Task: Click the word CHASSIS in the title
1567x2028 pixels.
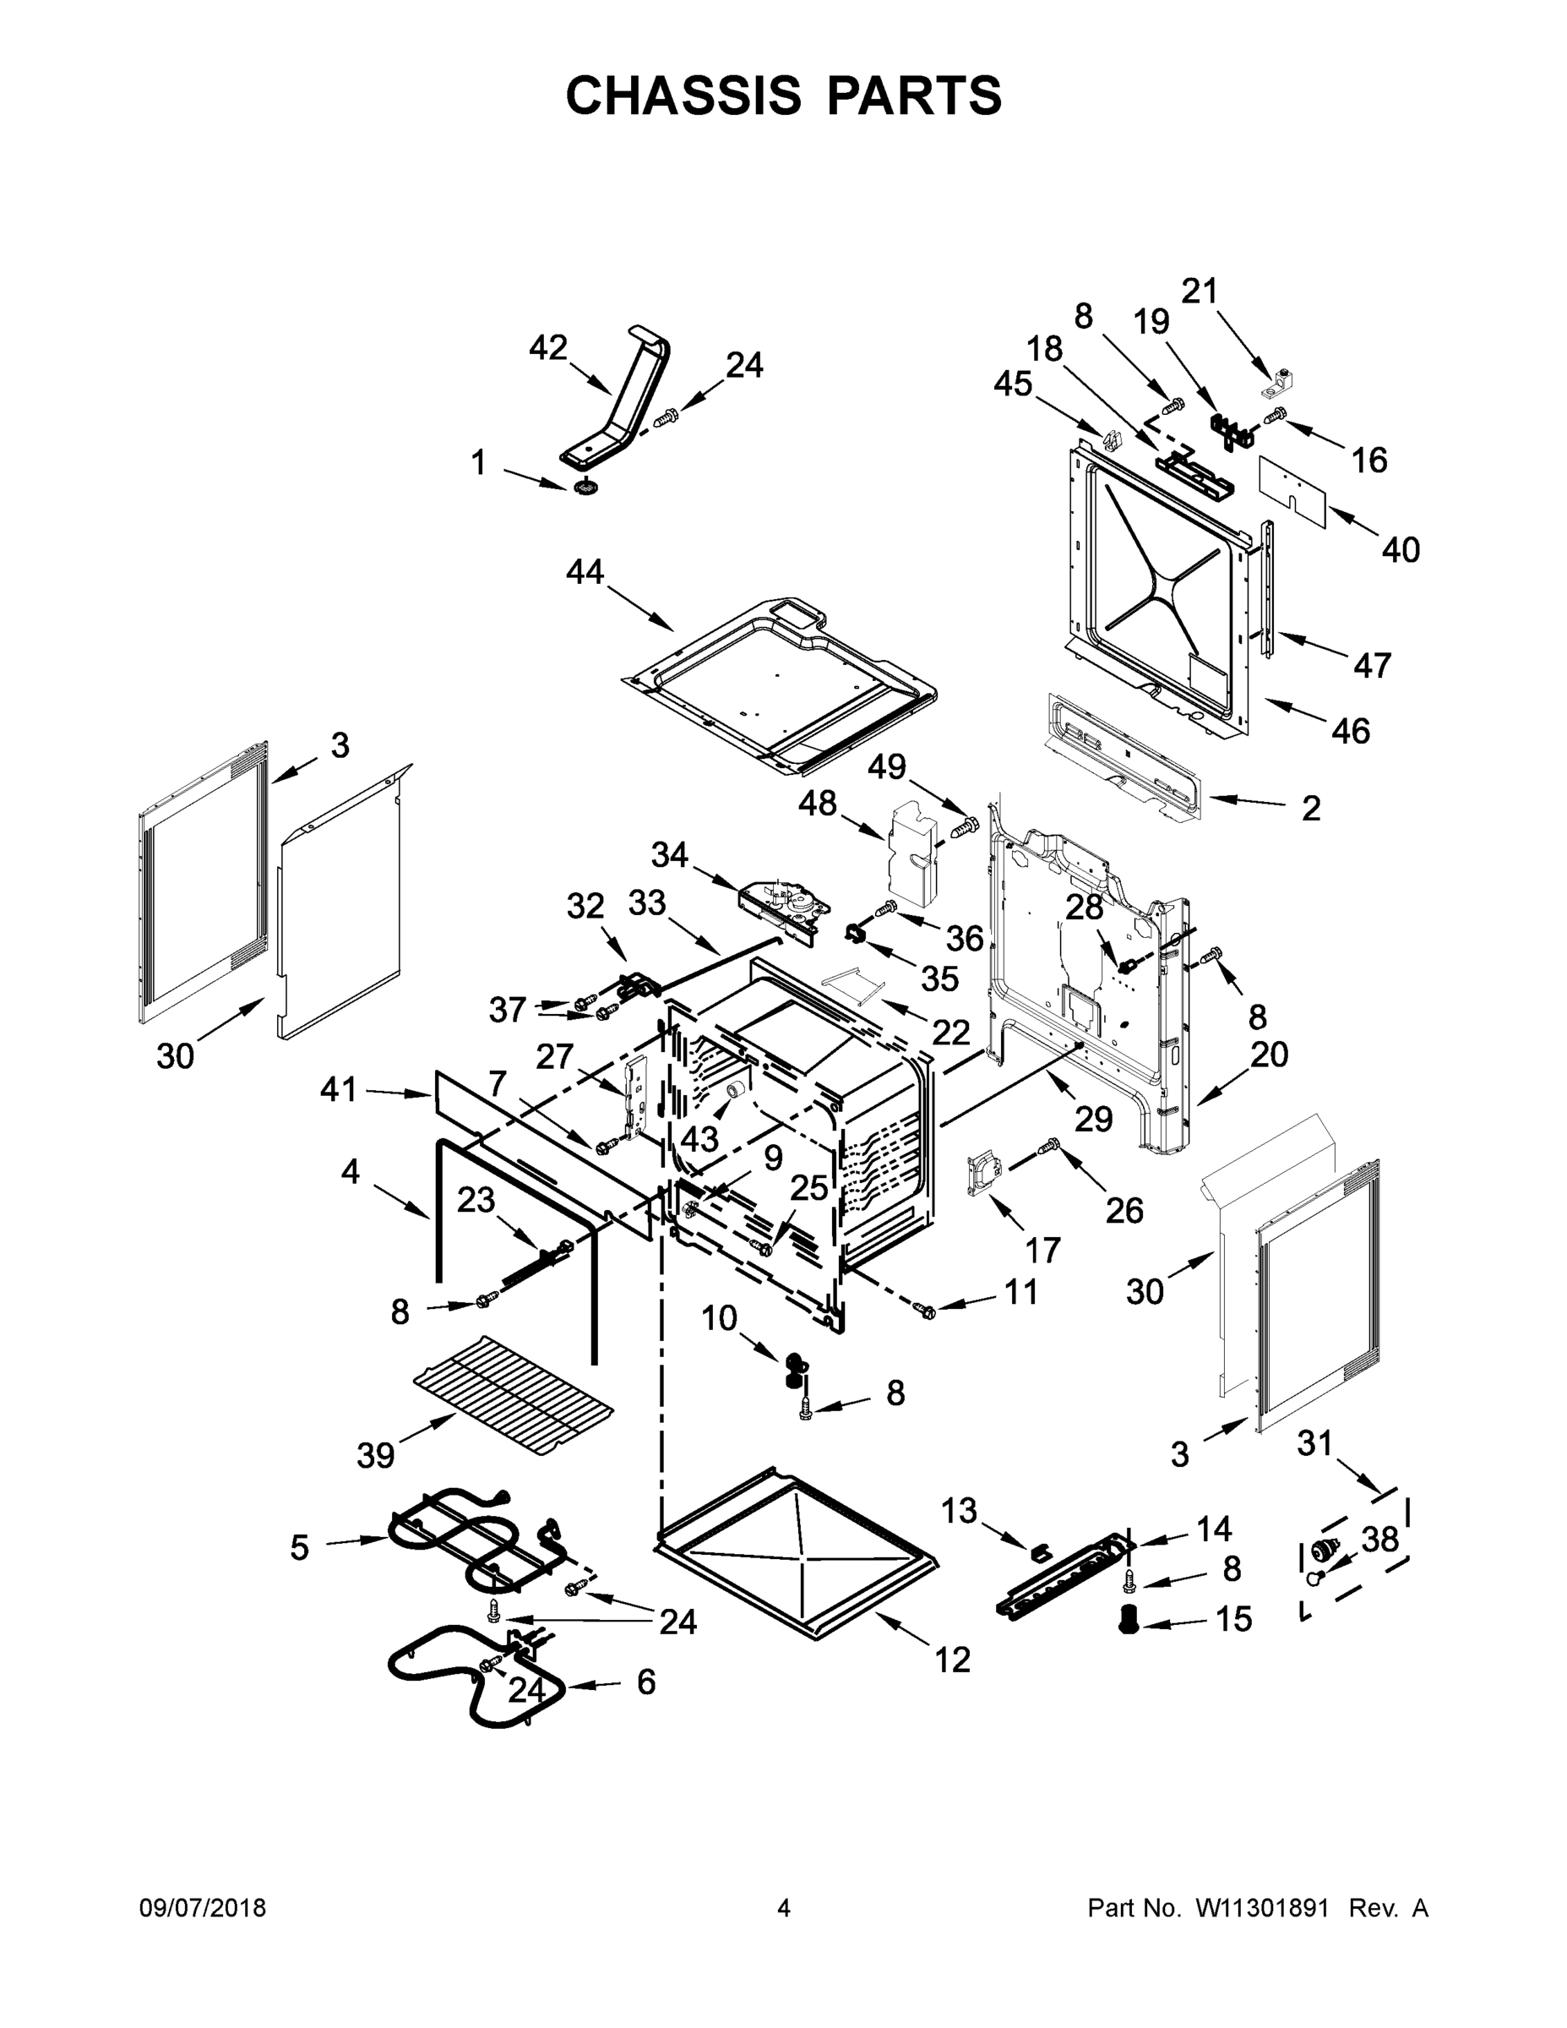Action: [x=683, y=95]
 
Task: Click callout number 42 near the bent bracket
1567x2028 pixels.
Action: [x=547, y=348]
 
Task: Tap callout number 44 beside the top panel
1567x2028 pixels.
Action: [x=585, y=571]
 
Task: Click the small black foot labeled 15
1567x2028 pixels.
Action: [x=1129, y=1622]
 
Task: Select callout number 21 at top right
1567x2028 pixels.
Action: [x=1199, y=292]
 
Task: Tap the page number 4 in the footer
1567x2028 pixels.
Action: [x=784, y=1907]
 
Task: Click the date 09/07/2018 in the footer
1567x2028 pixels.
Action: [x=203, y=1907]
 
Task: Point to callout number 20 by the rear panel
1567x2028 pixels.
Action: [x=1269, y=1054]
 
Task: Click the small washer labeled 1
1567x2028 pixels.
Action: [x=585, y=487]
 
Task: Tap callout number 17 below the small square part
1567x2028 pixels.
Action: [x=1042, y=1250]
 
